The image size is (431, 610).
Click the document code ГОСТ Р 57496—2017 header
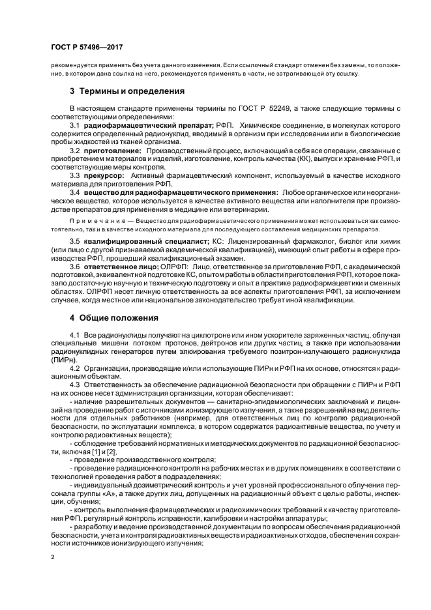87,48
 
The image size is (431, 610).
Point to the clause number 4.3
74,385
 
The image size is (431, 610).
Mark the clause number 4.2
74,368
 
